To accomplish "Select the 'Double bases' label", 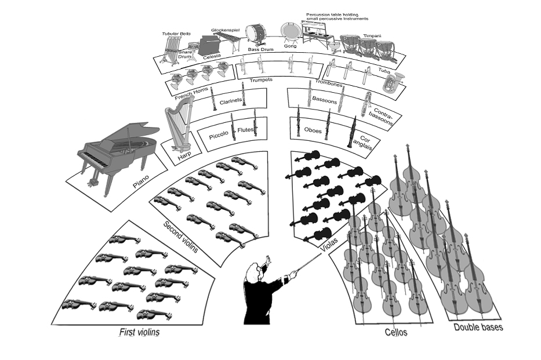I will pos(478,327).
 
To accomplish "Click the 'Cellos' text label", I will pos(396,332).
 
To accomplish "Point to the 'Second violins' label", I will pos(180,237).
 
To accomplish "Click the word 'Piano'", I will pos(141,185).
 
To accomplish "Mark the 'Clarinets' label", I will pos(231,101).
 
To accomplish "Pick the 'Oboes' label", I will pos(313,130).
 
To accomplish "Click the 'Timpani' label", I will pos(372,36).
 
